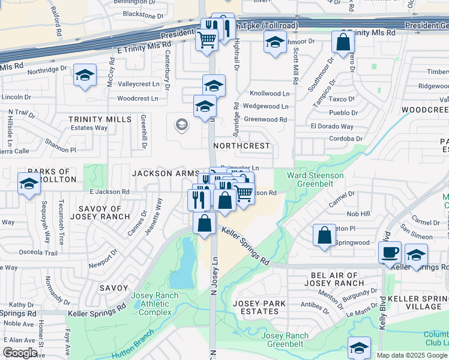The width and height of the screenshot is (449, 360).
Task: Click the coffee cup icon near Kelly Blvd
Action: click(x=390, y=252)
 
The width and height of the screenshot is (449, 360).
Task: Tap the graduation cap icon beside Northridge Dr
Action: click(x=85, y=75)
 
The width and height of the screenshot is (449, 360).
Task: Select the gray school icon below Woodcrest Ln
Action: click(x=181, y=125)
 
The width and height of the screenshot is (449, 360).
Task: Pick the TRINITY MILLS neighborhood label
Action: click(x=100, y=119)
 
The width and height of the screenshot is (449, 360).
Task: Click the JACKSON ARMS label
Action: click(x=165, y=173)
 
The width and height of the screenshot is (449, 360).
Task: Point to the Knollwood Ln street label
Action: click(x=270, y=94)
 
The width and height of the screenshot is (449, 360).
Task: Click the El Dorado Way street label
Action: click(x=332, y=127)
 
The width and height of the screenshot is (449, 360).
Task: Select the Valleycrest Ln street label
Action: click(x=139, y=85)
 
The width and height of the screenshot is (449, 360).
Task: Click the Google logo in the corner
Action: click(x=20, y=353)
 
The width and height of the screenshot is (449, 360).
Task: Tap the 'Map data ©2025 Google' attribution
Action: click(x=412, y=355)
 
